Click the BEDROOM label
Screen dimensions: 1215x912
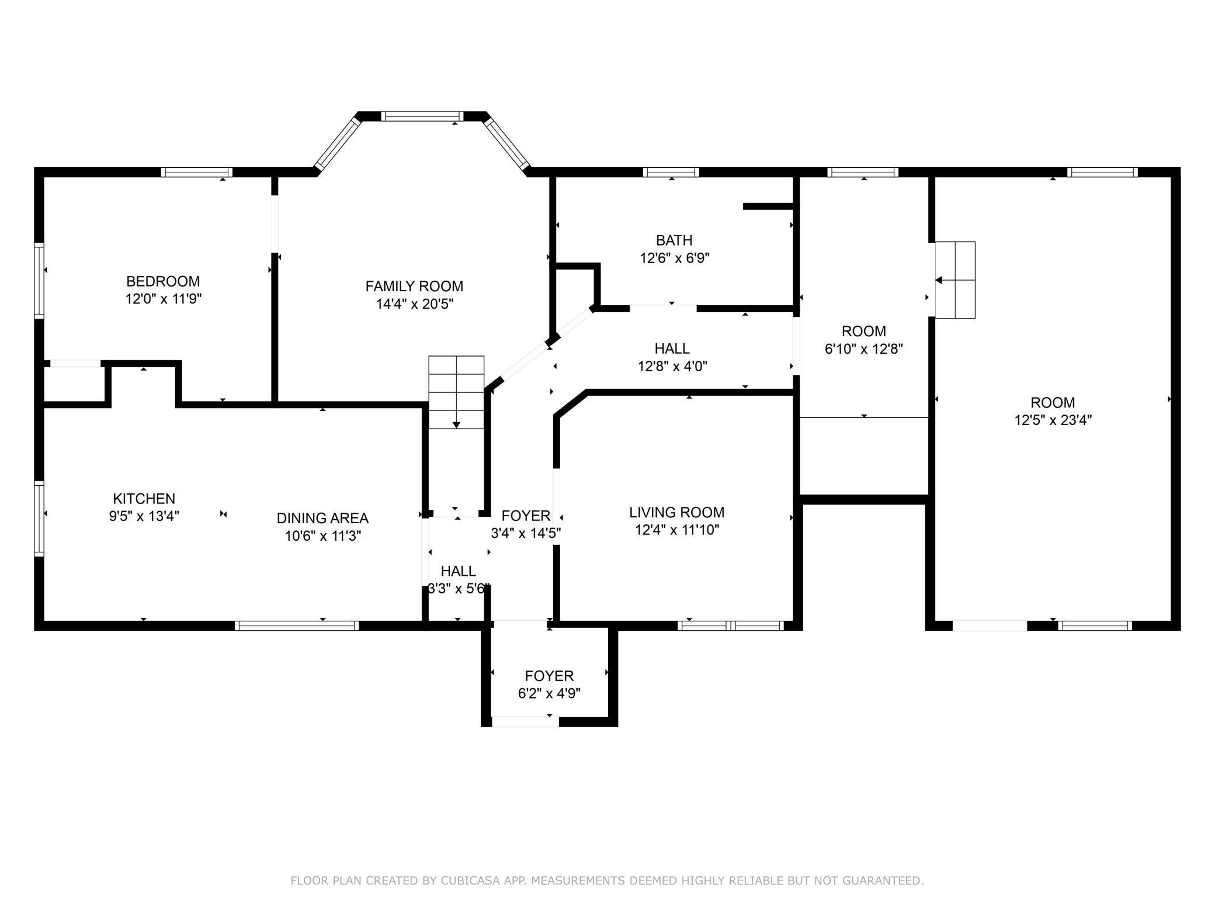point(163,281)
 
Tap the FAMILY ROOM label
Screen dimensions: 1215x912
point(414,286)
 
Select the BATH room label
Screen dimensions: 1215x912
point(674,240)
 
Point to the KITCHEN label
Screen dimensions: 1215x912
point(144,499)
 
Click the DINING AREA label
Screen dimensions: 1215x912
point(322,518)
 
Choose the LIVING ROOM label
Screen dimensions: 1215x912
point(676,512)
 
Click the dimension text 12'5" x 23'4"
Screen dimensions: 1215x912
point(1053,420)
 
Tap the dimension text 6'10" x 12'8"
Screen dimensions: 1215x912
point(863,349)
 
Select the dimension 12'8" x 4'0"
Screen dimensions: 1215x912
point(672,367)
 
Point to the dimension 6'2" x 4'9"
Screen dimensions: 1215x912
point(549,694)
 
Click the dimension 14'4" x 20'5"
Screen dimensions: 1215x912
point(414,304)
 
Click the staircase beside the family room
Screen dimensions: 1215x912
point(456,392)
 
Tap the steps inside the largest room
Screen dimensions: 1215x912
point(955,280)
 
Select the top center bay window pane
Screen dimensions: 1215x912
point(422,116)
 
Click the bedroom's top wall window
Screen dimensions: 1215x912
point(197,172)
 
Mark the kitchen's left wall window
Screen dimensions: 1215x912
point(39,518)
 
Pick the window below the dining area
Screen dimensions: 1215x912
point(297,626)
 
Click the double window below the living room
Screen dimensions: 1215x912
point(731,626)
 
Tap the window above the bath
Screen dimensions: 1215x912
point(671,172)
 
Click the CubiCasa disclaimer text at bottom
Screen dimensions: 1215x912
point(607,880)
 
